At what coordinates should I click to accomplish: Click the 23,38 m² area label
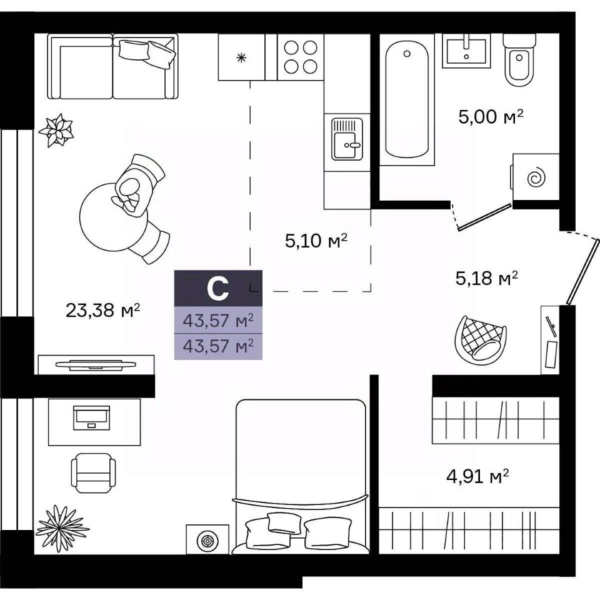point(103,310)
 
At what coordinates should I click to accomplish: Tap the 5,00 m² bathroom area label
point(491,116)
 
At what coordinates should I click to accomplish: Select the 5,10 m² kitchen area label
point(316,241)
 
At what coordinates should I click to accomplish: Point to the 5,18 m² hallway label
point(487,277)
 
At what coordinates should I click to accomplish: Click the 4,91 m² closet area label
point(478,476)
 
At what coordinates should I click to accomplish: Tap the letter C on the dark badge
point(218,289)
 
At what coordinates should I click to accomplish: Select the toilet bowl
point(519,60)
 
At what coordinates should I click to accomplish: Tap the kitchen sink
point(347,139)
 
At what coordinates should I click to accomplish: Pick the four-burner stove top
point(301,57)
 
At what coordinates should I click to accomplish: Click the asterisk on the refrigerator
point(241,57)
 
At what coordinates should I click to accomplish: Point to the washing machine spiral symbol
point(536,178)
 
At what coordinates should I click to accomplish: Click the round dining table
point(113,217)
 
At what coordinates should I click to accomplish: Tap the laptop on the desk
point(91,418)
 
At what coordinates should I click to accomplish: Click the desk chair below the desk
point(93,473)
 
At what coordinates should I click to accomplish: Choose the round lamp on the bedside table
point(207,541)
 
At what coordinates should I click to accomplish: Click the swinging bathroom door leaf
point(485,217)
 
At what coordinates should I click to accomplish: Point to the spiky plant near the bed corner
point(61,529)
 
